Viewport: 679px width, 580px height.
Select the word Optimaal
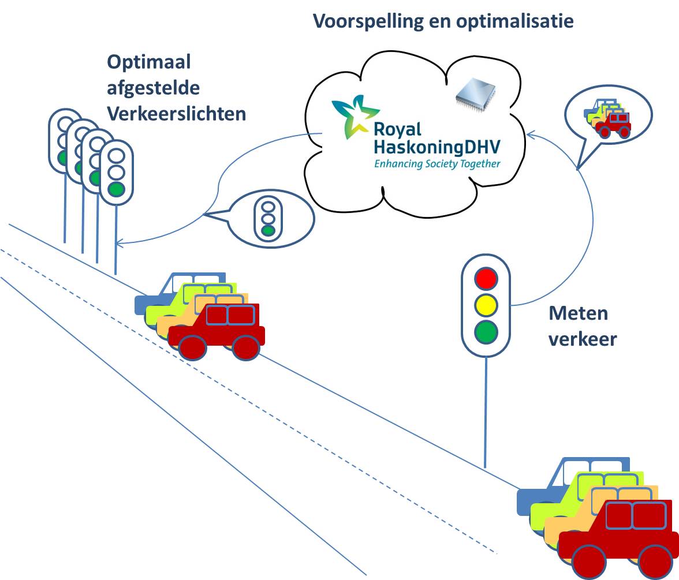pos(149,62)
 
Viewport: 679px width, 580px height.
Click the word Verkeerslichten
pos(177,114)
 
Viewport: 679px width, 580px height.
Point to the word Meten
pos(578,313)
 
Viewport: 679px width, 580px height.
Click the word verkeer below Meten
pos(582,339)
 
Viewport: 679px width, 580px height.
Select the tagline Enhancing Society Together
pos(437,164)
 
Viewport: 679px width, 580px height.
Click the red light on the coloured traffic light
pos(486,278)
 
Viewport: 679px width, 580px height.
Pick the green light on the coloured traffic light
pos(486,332)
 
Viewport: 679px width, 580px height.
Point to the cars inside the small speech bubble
pos(607,119)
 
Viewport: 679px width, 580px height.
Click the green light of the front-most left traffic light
pos(117,189)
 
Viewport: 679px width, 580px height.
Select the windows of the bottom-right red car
pos(632,515)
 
